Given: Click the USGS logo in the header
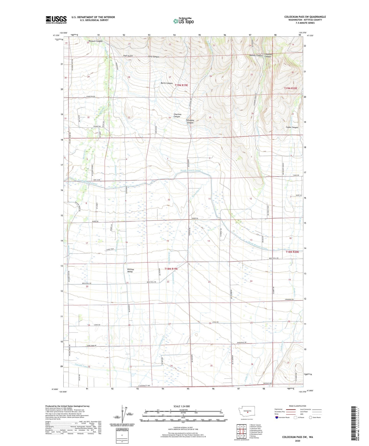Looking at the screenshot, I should point(56,20).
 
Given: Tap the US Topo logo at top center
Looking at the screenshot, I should point(183,21).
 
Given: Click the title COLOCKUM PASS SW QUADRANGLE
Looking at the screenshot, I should point(305,17).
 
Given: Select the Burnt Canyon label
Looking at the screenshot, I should point(166,83).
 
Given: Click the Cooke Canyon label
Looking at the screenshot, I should point(292,127).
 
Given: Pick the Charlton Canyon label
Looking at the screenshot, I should point(177,115).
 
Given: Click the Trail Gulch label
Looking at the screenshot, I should point(128,56).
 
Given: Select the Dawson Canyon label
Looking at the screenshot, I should point(256,55).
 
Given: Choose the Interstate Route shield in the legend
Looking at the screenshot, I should point(277,417).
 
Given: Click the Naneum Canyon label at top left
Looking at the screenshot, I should point(95,41).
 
